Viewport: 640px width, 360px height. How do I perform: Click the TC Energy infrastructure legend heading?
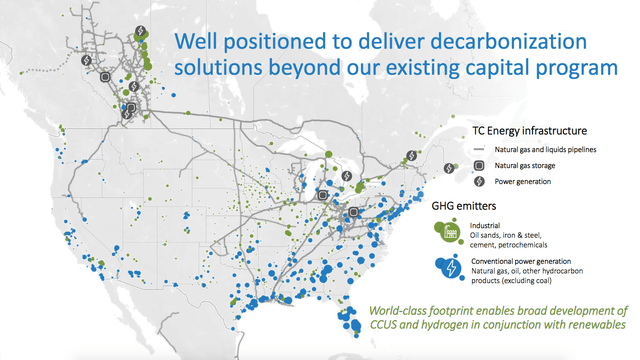click(x=529, y=130)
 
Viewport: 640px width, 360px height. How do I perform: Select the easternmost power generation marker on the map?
click(x=412, y=155)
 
